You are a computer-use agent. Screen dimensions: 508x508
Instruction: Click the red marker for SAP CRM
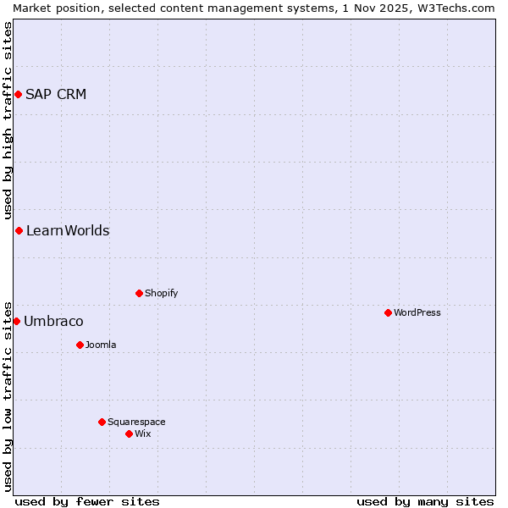point(18,94)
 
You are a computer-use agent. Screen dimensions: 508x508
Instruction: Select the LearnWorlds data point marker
point(19,230)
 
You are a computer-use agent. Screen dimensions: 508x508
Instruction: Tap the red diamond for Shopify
point(139,293)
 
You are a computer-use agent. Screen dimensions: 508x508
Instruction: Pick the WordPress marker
point(388,312)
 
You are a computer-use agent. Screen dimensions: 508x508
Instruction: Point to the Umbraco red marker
point(16,321)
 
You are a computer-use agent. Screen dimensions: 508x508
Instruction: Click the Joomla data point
point(80,345)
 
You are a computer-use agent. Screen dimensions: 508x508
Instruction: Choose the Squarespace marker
point(102,422)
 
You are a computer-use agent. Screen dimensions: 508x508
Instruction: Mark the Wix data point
point(129,433)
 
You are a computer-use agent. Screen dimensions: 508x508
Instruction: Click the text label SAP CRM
point(56,94)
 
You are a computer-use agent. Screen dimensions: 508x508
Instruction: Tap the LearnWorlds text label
point(68,230)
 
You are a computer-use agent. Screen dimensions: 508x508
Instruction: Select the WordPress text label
point(417,312)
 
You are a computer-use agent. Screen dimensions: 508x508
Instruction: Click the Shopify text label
point(161,293)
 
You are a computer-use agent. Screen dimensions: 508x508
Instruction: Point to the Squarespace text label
point(136,422)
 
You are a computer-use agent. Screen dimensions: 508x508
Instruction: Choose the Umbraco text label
point(53,321)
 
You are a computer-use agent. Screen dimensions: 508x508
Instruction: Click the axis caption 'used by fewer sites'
point(87,501)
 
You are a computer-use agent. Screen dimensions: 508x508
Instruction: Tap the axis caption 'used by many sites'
point(425,501)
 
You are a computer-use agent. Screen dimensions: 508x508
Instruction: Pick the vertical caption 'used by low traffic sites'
point(8,395)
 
